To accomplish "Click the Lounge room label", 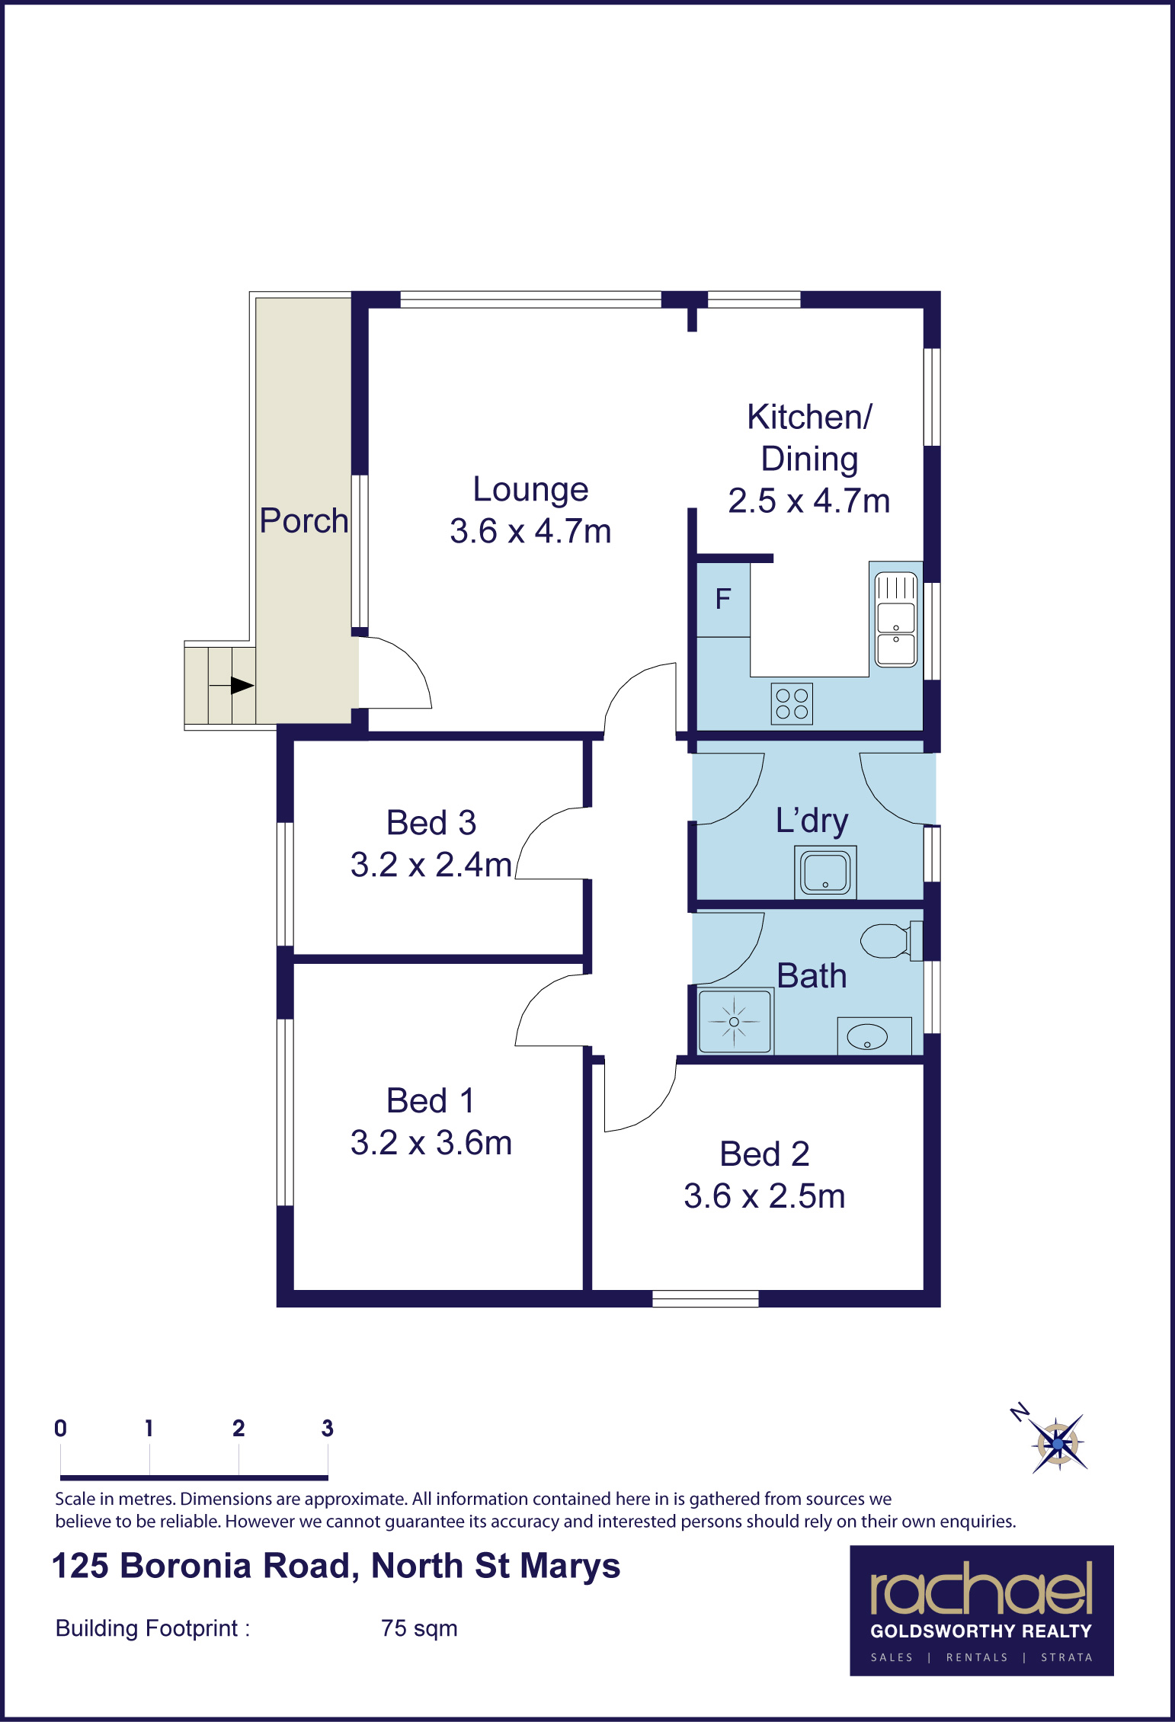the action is pyautogui.click(x=530, y=489).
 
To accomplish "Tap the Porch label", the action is pyautogui.click(x=303, y=520).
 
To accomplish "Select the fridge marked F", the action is pyautogui.click(x=723, y=600).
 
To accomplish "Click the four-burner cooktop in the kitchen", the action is pyautogui.click(x=792, y=703).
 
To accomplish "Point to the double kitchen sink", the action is pyautogui.click(x=895, y=619).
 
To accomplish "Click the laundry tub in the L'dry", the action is pyautogui.click(x=825, y=872).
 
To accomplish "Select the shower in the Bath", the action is pyautogui.click(x=735, y=1021).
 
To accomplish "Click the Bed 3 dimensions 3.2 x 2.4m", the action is pyautogui.click(x=431, y=865).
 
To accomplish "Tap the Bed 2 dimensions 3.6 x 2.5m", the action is pyautogui.click(x=764, y=1196).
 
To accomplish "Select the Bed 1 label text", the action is pyautogui.click(x=431, y=1101).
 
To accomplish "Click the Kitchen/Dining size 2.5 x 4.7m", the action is pyautogui.click(x=809, y=501).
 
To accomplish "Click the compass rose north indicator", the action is pyautogui.click(x=1020, y=1413).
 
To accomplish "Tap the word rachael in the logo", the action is pyautogui.click(x=981, y=1589).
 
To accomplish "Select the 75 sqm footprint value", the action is pyautogui.click(x=419, y=1628).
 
